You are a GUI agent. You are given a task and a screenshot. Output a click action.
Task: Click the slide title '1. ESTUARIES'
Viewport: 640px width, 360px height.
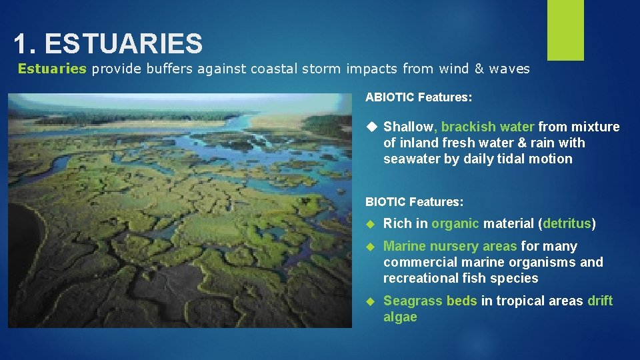tap(108, 44)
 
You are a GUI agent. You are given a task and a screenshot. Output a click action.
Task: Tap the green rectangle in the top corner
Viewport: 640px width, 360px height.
tap(565, 30)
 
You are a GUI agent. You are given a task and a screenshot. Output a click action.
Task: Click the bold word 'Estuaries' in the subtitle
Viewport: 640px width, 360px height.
tap(52, 69)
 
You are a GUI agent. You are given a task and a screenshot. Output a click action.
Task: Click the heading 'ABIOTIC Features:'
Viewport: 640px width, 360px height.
tap(419, 97)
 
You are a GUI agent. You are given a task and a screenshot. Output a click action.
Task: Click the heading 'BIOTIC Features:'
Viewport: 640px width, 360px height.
tap(414, 201)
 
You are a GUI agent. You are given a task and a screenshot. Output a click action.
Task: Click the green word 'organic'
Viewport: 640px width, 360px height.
tap(455, 223)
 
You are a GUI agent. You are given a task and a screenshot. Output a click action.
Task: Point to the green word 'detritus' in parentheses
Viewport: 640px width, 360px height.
tap(567, 223)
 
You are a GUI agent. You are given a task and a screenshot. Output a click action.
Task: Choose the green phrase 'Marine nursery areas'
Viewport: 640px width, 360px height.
tap(450, 246)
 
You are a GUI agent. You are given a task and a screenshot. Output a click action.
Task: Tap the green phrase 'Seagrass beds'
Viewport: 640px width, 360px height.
tap(430, 301)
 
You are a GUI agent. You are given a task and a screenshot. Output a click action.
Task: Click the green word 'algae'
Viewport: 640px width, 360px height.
tap(400, 317)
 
